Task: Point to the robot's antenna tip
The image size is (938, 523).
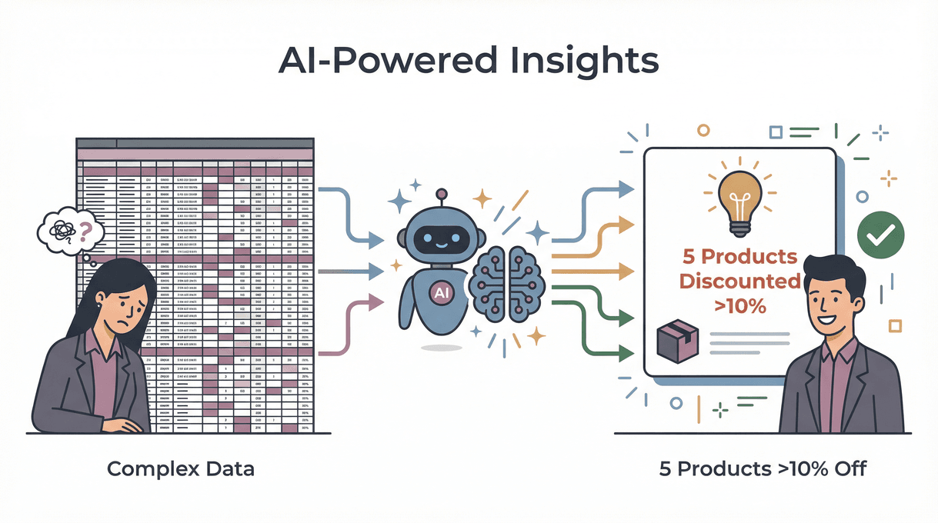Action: click(x=441, y=194)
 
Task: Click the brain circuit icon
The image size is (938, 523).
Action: click(x=507, y=281)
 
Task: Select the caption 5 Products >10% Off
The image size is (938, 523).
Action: click(x=763, y=468)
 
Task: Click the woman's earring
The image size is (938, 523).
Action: click(x=101, y=305)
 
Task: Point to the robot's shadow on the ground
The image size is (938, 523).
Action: click(x=441, y=348)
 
